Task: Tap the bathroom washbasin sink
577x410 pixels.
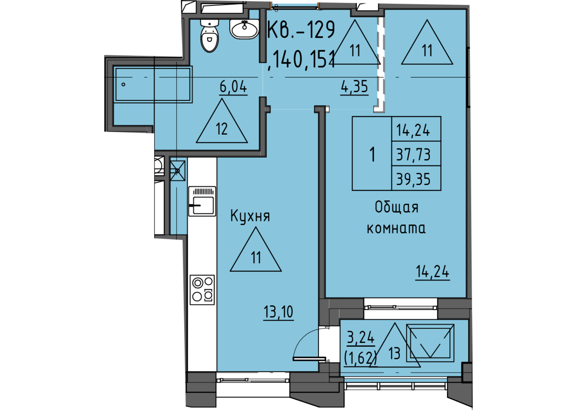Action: [244, 29]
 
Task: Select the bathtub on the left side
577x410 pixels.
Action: [153, 85]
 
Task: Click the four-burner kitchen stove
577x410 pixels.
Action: [202, 290]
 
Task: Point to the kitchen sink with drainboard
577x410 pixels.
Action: [202, 201]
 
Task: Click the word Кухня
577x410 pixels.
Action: [250, 216]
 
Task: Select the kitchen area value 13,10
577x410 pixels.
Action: [278, 312]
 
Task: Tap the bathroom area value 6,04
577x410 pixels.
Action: [233, 87]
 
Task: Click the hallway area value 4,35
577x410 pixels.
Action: [354, 87]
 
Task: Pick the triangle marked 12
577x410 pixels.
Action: [222, 121]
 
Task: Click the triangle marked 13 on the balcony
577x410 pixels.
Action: [394, 345]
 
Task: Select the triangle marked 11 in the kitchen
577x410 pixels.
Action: [256, 249]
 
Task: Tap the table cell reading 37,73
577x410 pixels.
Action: [416, 154]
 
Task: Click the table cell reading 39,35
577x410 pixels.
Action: [416, 178]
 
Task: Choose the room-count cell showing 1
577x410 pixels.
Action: [372, 154]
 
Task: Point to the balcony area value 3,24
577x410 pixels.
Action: [361, 337]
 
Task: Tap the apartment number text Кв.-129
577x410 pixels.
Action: [301, 29]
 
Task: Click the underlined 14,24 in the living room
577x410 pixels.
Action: [432, 272]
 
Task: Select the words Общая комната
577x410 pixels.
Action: [396, 218]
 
